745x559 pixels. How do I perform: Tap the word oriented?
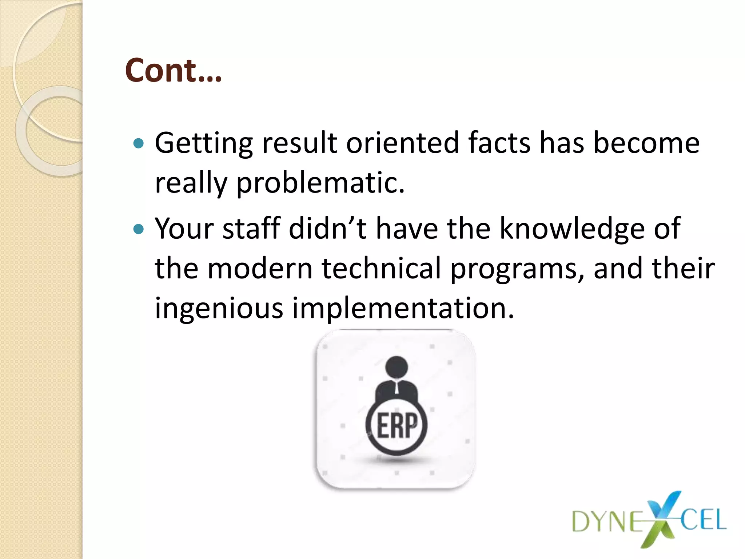coord(402,143)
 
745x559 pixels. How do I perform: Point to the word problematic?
coord(320,183)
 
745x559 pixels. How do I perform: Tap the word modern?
coord(260,269)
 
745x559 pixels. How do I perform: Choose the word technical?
coord(381,269)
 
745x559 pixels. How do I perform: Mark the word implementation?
coord(403,309)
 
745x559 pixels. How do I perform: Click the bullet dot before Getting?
coord(139,143)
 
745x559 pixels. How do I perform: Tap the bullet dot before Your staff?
coord(139,229)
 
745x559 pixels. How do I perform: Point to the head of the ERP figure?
coord(397,367)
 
